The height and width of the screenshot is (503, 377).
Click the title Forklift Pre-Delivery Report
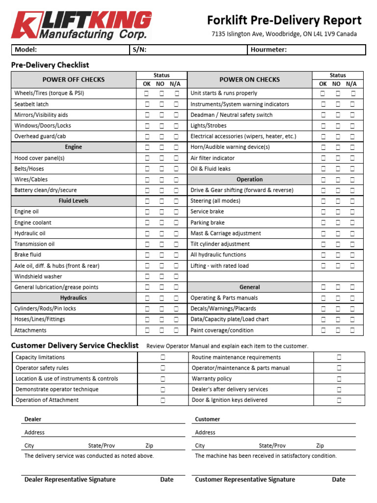pyautogui.click(x=284, y=20)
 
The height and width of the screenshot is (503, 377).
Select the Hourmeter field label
pyautogui.click(x=269, y=50)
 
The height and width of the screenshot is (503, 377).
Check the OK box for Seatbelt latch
pyautogui.click(x=147, y=104)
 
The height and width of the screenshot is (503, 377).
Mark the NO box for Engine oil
pyautogui.click(x=162, y=212)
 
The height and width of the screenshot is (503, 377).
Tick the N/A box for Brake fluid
pyautogui.click(x=176, y=255)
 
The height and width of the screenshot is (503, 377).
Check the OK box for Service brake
pyautogui.click(x=323, y=212)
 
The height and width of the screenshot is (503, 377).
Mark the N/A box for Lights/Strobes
pyautogui.click(x=352, y=126)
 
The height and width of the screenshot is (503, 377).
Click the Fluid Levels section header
pyautogui.click(x=74, y=201)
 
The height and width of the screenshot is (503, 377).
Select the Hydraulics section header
pyautogui.click(x=74, y=298)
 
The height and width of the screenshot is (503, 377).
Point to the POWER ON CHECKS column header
pyautogui.click(x=249, y=80)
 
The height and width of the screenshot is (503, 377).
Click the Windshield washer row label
pyautogui.click(x=38, y=277)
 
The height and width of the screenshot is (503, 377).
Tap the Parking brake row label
pyautogui.click(x=207, y=223)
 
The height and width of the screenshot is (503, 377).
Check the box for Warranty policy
pyautogui.click(x=339, y=379)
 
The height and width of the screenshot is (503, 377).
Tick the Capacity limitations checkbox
pyautogui.click(x=162, y=357)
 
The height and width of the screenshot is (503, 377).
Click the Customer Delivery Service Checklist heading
pyautogui.click(x=75, y=345)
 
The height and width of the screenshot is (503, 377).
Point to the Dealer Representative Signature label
pyautogui.click(x=70, y=479)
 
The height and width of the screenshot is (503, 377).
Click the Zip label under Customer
pyautogui.click(x=320, y=446)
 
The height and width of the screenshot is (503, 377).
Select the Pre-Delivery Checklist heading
pyautogui.click(x=50, y=65)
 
